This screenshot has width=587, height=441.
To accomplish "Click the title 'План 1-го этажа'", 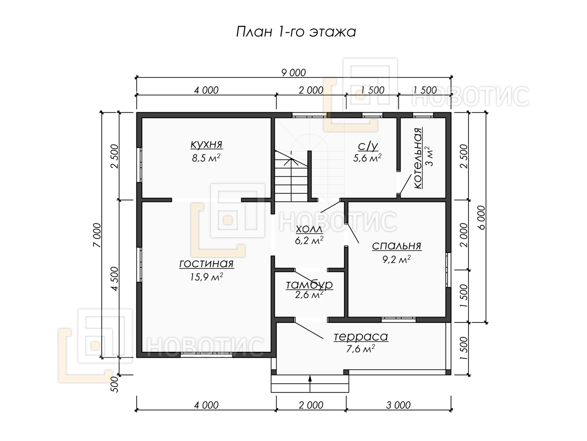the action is pyautogui.click(x=296, y=32).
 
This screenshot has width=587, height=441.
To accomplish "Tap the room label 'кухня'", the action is pyautogui.click(x=206, y=144).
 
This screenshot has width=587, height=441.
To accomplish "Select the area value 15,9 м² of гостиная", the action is pyautogui.click(x=206, y=276).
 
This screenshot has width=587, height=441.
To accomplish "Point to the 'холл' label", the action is pyautogui.click(x=309, y=229).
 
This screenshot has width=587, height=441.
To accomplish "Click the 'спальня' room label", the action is pyautogui.click(x=397, y=246).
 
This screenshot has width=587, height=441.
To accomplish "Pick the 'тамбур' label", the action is pyautogui.click(x=310, y=285).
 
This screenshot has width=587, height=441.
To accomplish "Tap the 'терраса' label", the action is pyautogui.click(x=361, y=337).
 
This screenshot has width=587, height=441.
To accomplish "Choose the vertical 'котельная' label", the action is pyautogui.click(x=418, y=158).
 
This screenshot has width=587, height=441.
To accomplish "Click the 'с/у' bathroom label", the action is pyautogui.click(x=368, y=146).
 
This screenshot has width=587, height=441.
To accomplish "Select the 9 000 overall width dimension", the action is pyautogui.click(x=293, y=73).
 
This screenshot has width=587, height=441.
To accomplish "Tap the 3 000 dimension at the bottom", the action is pyautogui.click(x=398, y=405).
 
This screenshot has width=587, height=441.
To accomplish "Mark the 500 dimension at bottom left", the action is pyautogui.click(x=114, y=384).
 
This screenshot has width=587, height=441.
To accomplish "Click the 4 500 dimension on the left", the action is pyautogui.click(x=114, y=279).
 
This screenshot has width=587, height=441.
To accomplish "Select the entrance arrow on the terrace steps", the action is pyautogui.click(x=310, y=384).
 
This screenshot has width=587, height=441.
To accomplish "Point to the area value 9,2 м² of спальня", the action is pyautogui.click(x=397, y=259).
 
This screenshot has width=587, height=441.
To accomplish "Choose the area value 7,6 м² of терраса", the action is pyautogui.click(x=361, y=349).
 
